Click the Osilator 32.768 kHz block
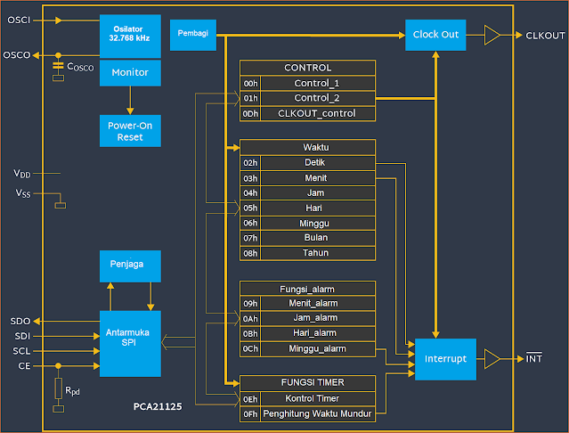(x=130, y=35)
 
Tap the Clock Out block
(x=435, y=35)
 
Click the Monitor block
(x=130, y=71)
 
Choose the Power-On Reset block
(x=130, y=132)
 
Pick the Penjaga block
(x=130, y=265)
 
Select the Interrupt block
(x=445, y=359)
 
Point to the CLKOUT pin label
(x=545, y=36)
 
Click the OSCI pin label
(x=18, y=19)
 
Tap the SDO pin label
(x=20, y=321)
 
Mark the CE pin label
(x=22, y=365)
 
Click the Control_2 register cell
(x=317, y=98)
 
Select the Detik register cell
(x=315, y=162)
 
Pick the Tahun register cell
(x=315, y=253)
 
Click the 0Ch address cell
(x=250, y=348)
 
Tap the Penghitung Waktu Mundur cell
(x=317, y=413)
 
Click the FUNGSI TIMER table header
(x=307, y=383)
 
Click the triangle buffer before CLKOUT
(x=492, y=35)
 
